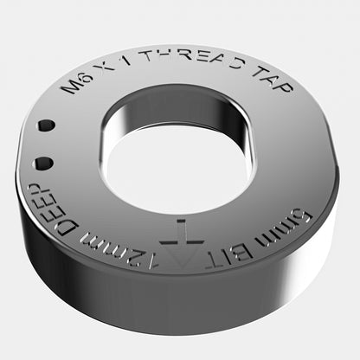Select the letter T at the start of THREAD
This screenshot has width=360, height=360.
coord(147,60)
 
